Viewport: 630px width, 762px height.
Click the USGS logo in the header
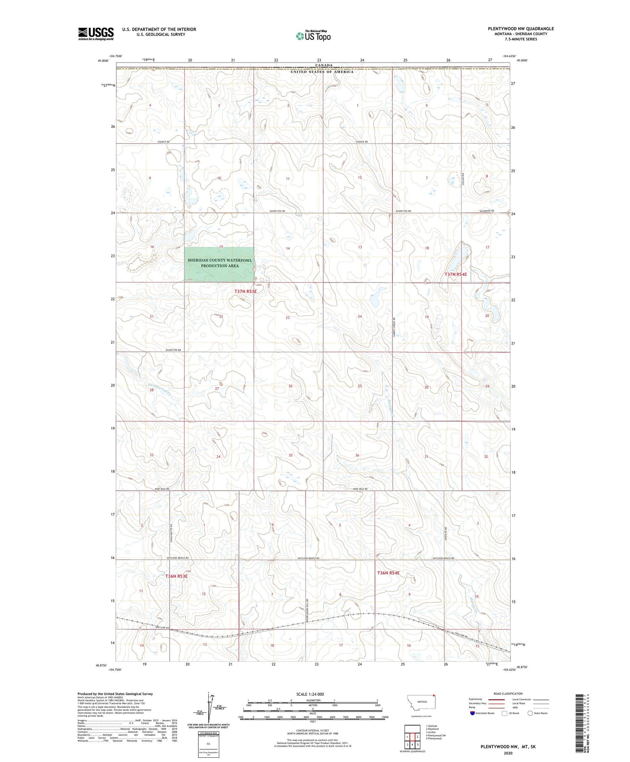(96, 34)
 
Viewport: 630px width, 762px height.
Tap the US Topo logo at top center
(313, 36)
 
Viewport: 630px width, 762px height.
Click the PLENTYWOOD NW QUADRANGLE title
(520, 29)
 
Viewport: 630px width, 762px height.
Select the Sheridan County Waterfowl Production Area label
(220, 263)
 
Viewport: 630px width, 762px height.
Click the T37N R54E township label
(455, 274)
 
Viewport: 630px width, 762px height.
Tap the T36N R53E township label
(176, 576)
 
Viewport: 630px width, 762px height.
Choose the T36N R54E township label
(388, 573)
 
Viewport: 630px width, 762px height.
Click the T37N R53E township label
(245, 291)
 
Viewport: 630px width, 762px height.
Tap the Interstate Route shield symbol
(473, 713)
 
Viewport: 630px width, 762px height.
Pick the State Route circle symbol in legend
(530, 713)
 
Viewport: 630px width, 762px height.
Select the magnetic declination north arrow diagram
(209, 706)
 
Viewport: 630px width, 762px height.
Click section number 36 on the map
(357, 456)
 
